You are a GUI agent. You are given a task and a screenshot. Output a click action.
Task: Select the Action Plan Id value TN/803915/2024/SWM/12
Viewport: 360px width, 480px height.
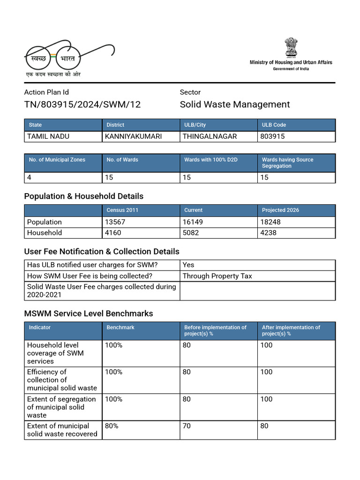tap(82, 105)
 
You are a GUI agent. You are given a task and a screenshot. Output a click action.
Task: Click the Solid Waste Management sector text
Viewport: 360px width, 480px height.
tap(235, 105)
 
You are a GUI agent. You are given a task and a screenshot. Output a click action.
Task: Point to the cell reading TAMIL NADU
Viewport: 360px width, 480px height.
tap(49, 136)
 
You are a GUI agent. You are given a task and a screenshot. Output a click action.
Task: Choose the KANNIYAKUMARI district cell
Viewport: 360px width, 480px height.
tap(134, 136)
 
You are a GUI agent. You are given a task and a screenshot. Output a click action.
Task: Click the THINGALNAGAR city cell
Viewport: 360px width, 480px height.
tap(210, 136)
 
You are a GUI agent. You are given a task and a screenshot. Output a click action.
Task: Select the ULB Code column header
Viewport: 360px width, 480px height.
tap(274, 125)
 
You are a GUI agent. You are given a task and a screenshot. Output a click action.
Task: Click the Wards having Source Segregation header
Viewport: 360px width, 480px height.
tap(287, 163)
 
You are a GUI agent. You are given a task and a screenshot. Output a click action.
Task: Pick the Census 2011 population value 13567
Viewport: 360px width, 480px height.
tap(116, 222)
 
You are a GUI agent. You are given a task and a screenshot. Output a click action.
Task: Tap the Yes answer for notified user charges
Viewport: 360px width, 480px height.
tap(188, 265)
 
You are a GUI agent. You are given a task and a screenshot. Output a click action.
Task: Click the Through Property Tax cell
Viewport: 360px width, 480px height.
tap(217, 276)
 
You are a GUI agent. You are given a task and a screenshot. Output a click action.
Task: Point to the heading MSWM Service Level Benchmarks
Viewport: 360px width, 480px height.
tap(89, 313)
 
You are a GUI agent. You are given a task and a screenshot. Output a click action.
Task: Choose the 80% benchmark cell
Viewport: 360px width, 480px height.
tap(112, 426)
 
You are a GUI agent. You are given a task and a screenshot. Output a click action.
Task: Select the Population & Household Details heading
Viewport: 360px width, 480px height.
tap(84, 196)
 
